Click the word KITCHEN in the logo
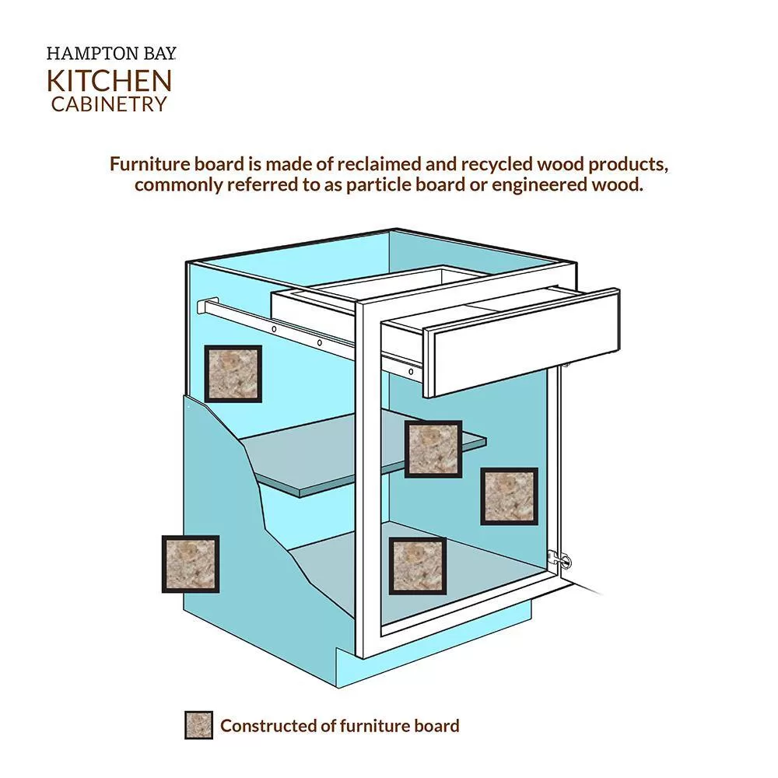click(x=109, y=81)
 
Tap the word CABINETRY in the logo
click(x=109, y=104)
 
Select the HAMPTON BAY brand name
click(x=111, y=54)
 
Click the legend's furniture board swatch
click(x=198, y=725)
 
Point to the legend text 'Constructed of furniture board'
click(x=340, y=726)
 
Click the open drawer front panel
click(x=523, y=342)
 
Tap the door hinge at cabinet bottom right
click(x=559, y=560)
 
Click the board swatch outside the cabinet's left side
click(x=191, y=564)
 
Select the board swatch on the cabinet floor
click(x=417, y=566)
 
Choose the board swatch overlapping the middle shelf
click(x=433, y=449)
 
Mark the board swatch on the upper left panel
click(x=233, y=373)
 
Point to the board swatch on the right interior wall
click(x=509, y=496)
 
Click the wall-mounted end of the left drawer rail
click(x=208, y=306)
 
